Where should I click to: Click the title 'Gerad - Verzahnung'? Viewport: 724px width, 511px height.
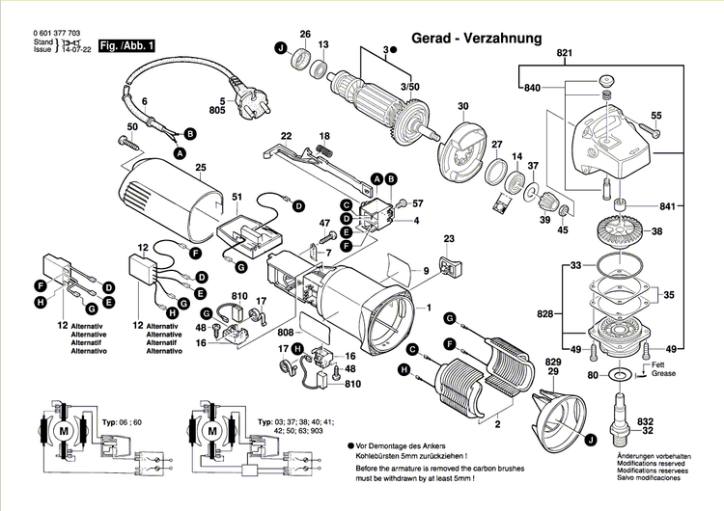coord(476,39)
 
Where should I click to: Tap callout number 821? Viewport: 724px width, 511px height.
coord(564,52)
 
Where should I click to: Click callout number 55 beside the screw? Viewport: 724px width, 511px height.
coord(655,116)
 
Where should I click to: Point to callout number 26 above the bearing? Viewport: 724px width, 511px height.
coord(305,35)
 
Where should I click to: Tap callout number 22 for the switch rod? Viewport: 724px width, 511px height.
coord(286,135)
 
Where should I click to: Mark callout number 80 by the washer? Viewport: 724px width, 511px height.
coord(593,374)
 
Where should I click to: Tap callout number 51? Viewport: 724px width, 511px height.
coord(237,198)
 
